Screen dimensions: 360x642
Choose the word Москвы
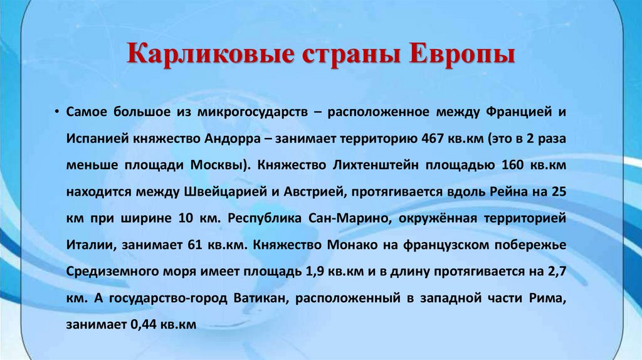pos(217,166)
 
